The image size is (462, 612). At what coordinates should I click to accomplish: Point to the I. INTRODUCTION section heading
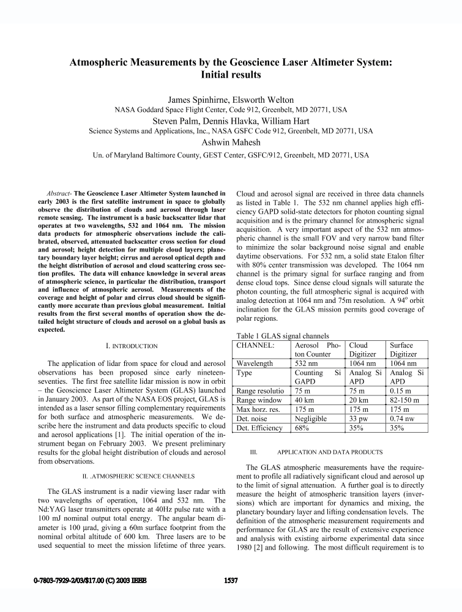point(132,346)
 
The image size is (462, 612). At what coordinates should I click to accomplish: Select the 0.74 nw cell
point(404,419)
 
